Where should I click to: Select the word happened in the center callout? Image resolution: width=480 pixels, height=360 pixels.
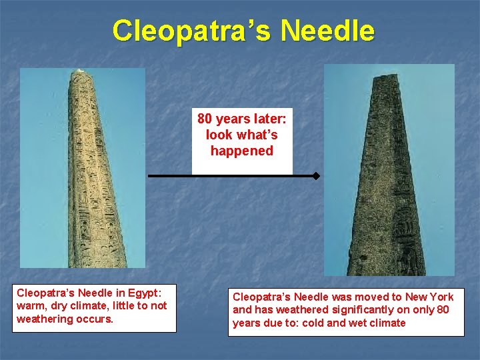click(242, 151)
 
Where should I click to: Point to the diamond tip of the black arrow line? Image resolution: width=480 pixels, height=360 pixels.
click(316, 177)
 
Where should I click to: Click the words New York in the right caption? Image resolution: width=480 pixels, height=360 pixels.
click(429, 297)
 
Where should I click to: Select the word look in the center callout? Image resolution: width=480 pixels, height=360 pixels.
click(219, 135)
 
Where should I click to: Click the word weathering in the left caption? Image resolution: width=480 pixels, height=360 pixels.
click(45, 319)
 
